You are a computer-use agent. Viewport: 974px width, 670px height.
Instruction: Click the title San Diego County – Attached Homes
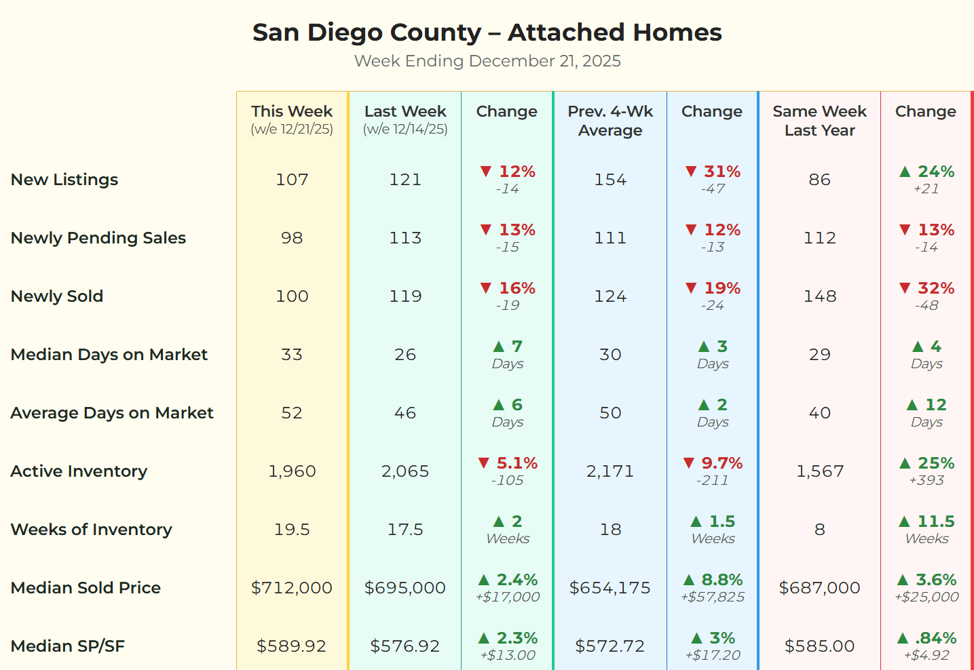pyautogui.click(x=487, y=33)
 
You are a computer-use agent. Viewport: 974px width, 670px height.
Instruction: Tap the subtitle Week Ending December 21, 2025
pyautogui.click(x=487, y=61)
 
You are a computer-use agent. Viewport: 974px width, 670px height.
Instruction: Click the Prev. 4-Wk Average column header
pyautogui.click(x=610, y=121)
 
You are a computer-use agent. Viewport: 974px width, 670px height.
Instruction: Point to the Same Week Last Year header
pyautogui.click(x=819, y=121)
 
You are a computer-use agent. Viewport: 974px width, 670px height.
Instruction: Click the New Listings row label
pyautogui.click(x=64, y=180)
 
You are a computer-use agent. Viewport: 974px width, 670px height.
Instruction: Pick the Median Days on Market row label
pyautogui.click(x=109, y=355)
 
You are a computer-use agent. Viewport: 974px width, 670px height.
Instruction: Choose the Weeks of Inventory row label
pyautogui.click(x=92, y=530)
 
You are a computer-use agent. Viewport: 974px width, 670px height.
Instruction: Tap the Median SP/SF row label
pyautogui.click(x=68, y=646)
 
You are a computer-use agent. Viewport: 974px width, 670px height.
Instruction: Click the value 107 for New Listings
pyautogui.click(x=292, y=180)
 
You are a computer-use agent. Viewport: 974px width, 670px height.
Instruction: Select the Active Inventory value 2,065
pyautogui.click(x=405, y=471)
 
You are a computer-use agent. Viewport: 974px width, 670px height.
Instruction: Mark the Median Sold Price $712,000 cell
pyautogui.click(x=292, y=588)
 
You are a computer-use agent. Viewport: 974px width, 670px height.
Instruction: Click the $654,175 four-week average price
pyautogui.click(x=610, y=588)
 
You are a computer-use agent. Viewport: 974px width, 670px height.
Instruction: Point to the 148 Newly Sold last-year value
pyautogui.click(x=819, y=296)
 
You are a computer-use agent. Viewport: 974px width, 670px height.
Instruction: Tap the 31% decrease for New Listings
pyautogui.click(x=722, y=172)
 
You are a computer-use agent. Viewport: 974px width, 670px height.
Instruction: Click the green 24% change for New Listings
pyautogui.click(x=935, y=172)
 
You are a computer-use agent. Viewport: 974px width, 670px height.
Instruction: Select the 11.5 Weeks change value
pyautogui.click(x=935, y=521)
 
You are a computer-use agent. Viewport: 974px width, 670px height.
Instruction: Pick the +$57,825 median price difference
pyautogui.click(x=713, y=597)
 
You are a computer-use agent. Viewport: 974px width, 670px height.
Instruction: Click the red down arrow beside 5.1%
pyautogui.click(x=484, y=463)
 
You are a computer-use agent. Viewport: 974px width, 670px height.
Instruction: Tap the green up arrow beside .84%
pyautogui.click(x=903, y=638)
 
